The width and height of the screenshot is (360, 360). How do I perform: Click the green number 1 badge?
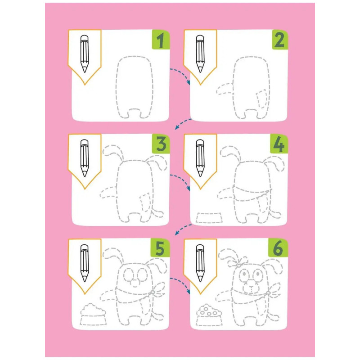[x=161, y=40]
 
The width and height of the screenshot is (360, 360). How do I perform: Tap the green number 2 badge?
[x=280, y=40]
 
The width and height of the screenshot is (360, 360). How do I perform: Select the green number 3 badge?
[x=161, y=144]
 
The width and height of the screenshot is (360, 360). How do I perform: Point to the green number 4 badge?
[x=279, y=144]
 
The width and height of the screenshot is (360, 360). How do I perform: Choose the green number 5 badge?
[x=160, y=248]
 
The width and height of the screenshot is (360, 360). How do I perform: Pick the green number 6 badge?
[x=278, y=248]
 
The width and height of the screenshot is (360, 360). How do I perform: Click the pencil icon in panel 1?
[x=85, y=54]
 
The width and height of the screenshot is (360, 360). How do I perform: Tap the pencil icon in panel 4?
[x=200, y=158]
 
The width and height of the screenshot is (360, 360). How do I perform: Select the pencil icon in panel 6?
[x=200, y=263]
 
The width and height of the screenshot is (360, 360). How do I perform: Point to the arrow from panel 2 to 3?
[x=183, y=122]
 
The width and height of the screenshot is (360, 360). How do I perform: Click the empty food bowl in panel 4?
[x=209, y=218]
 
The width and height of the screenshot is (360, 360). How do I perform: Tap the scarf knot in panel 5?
[x=153, y=292]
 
